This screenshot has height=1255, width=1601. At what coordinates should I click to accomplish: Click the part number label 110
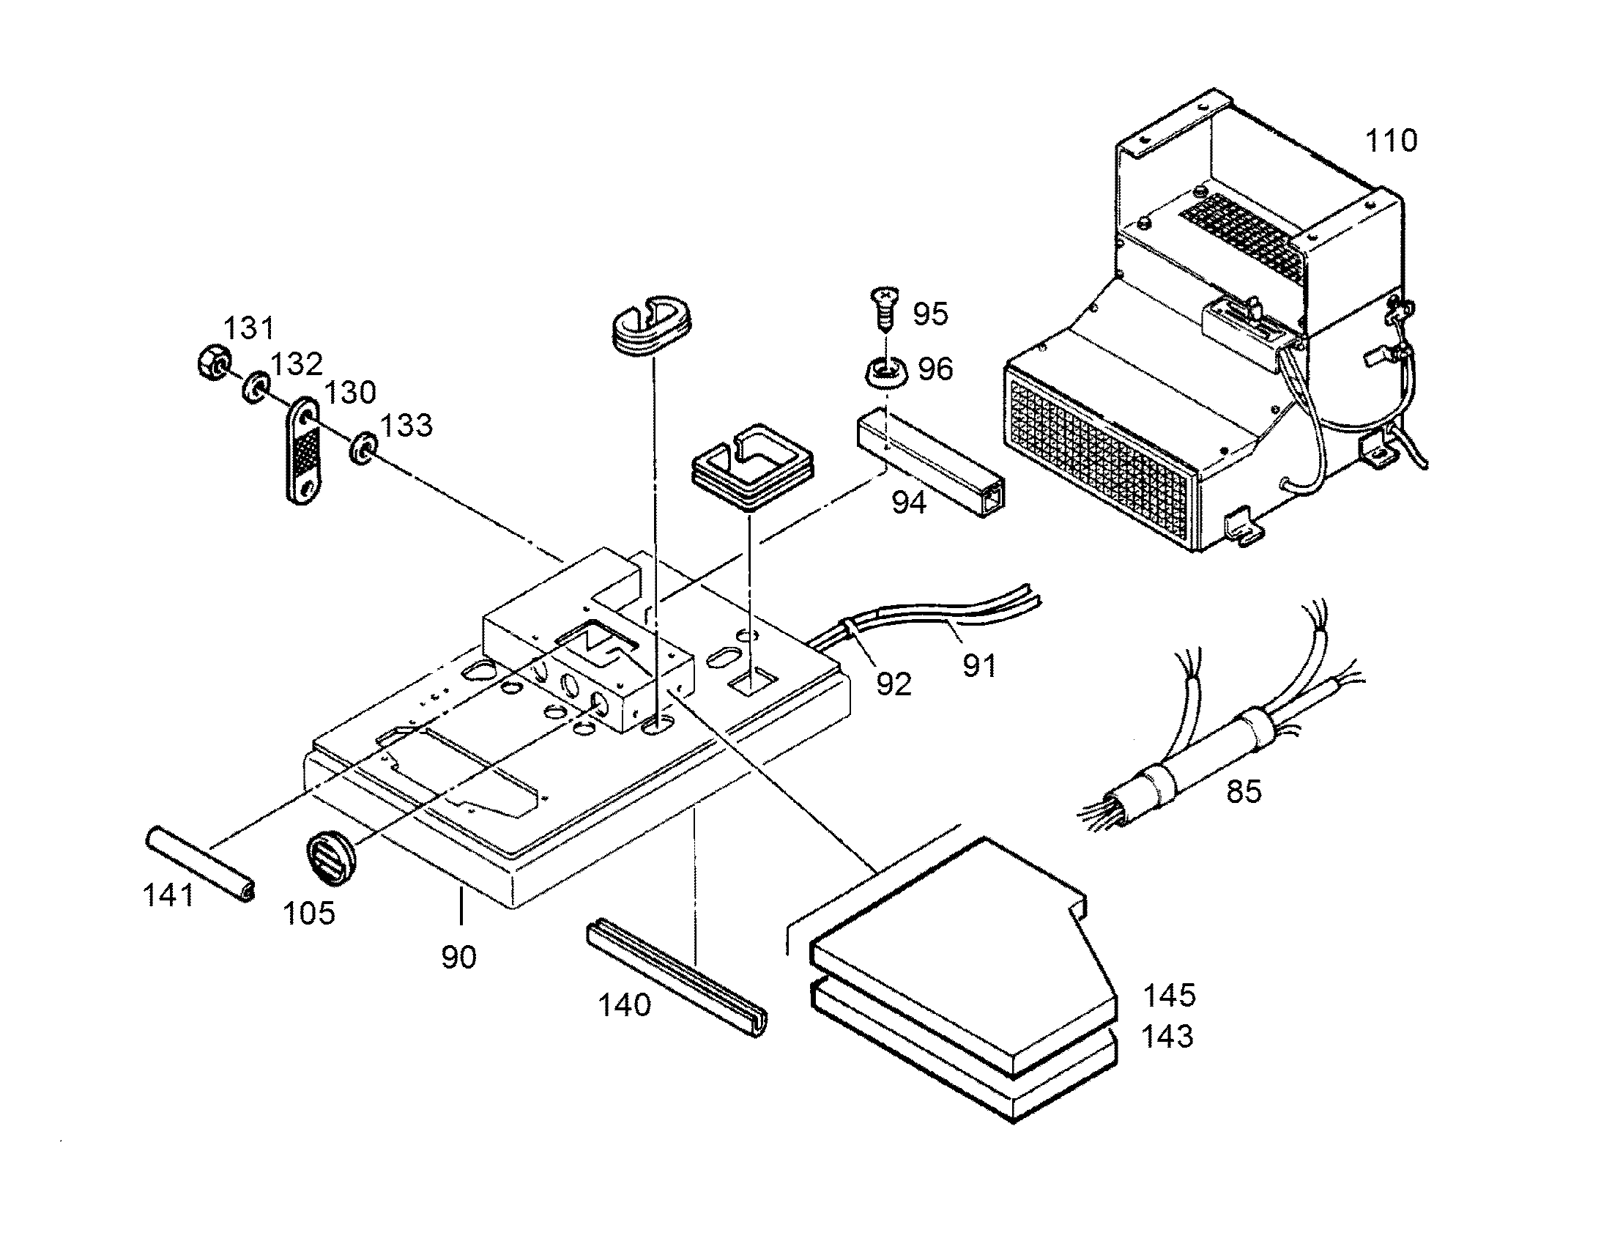pos(1391,141)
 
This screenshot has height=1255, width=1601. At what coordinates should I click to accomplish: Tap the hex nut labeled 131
pos(214,360)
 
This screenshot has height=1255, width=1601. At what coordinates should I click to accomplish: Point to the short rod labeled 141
pos(201,863)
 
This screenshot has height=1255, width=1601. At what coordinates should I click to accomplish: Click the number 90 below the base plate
pos(459,957)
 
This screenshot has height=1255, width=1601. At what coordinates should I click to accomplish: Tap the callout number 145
pos(1169,996)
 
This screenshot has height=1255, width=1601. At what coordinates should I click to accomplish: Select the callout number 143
pos(1167,1037)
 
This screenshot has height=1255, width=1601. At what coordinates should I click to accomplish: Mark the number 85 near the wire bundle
pos(1244,792)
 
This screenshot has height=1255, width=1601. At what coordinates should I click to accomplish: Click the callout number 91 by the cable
pos(980,667)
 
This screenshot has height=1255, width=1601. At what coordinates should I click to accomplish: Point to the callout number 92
pos(894,684)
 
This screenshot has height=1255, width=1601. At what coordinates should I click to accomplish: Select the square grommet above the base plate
pos(753,467)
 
